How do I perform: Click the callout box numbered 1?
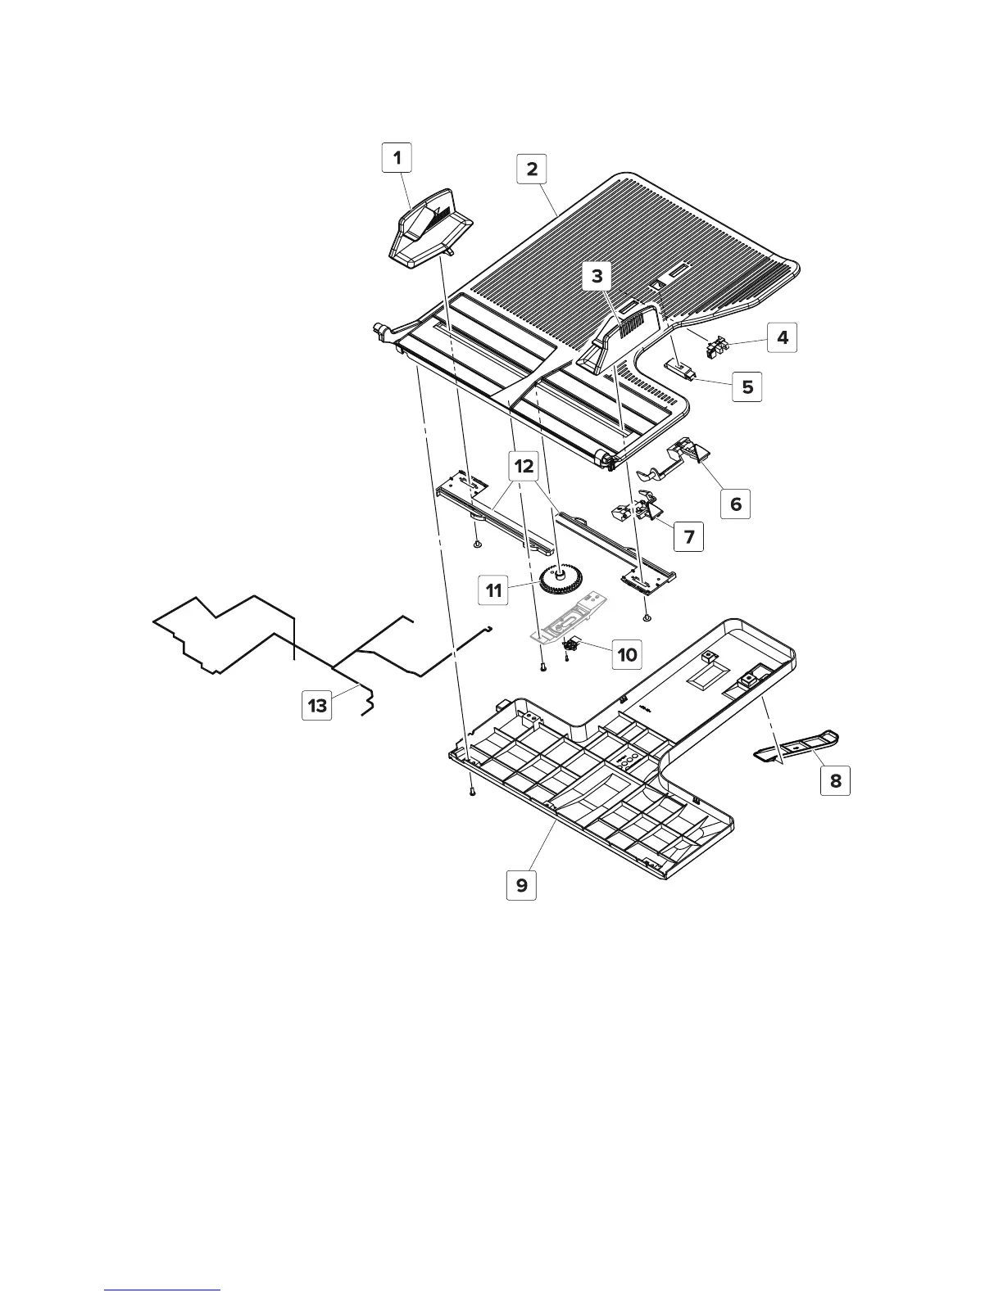coord(397,157)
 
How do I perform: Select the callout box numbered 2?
coord(532,169)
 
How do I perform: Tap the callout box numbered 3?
coord(597,277)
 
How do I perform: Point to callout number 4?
coord(783,337)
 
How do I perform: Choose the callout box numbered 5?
coord(747,386)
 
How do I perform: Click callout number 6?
coord(735,504)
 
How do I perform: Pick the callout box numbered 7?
coord(688,537)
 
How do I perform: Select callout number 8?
coord(835,780)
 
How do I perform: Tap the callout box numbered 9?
coord(521,885)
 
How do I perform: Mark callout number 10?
coord(627,655)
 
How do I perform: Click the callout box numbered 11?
coord(494,590)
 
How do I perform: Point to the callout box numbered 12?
coord(523,467)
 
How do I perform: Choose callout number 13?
coord(317,704)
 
